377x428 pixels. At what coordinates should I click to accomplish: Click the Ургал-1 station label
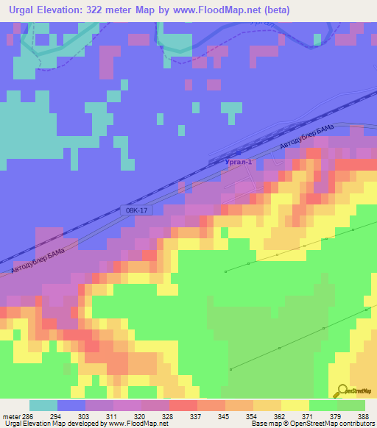[x=236, y=161]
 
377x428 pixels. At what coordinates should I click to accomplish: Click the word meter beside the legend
[x=10, y=416]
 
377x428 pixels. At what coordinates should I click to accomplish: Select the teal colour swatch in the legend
[x=43, y=405]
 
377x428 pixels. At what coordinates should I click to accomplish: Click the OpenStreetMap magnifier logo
[x=341, y=391]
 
